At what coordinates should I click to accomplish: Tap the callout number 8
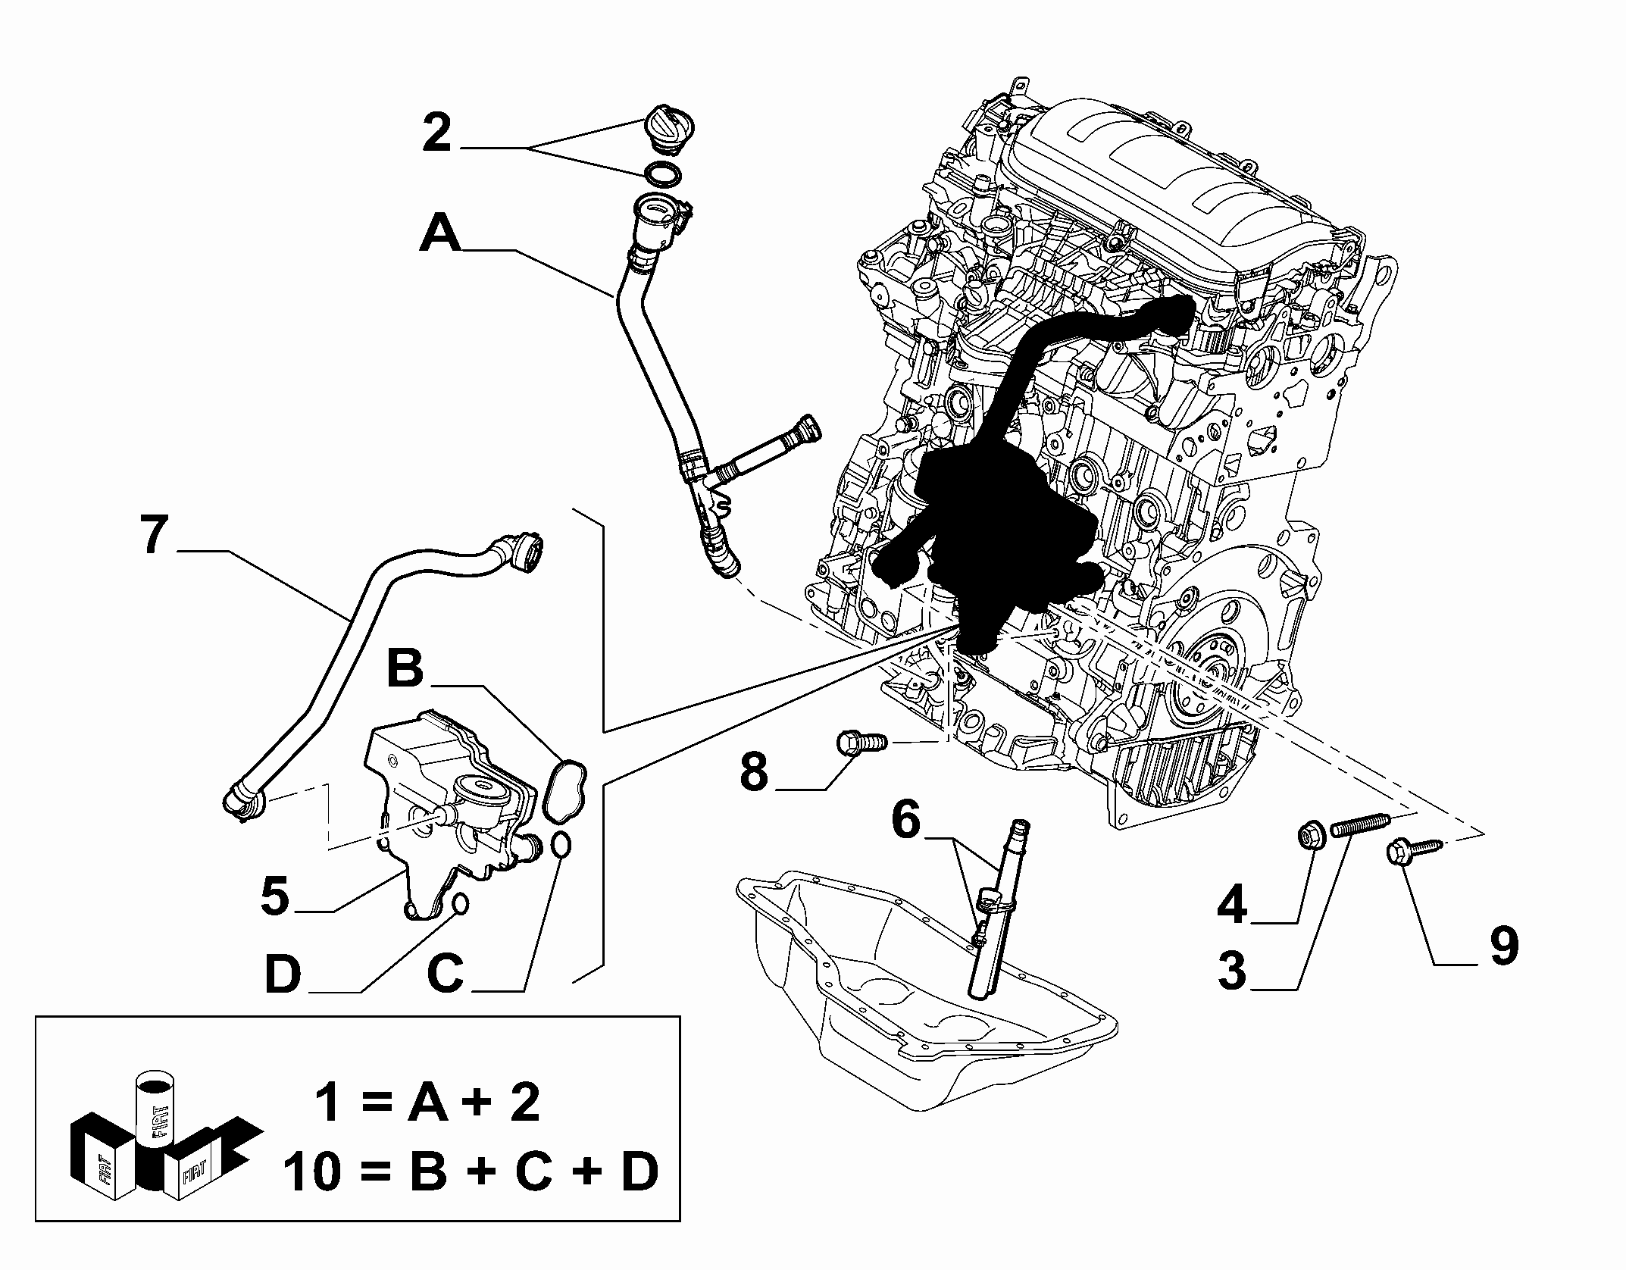coord(754,772)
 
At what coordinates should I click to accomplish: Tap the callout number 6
coord(905,822)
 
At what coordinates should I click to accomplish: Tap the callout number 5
coord(275,896)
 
